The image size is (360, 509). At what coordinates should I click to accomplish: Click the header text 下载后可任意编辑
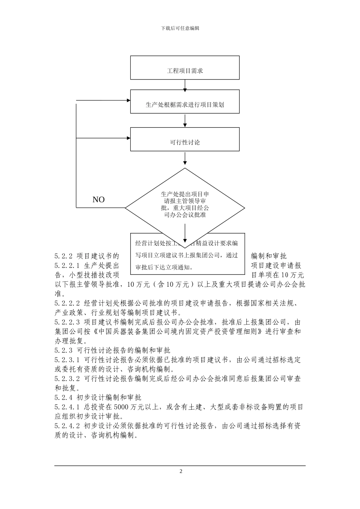point(180,28)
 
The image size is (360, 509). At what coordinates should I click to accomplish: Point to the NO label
point(99,200)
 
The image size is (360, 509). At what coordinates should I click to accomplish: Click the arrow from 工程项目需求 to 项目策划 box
point(185,85)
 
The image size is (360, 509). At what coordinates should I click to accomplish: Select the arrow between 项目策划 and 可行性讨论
point(185,120)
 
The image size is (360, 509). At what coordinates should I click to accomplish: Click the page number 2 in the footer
point(181,472)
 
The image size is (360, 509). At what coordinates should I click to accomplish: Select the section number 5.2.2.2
point(67,303)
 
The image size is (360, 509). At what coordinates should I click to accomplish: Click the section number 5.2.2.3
point(67,322)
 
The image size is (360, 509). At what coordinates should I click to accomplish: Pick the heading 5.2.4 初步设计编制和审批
point(98,397)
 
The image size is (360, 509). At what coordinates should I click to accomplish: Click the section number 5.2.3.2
point(67,379)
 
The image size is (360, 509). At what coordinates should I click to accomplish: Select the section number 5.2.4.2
point(67,426)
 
